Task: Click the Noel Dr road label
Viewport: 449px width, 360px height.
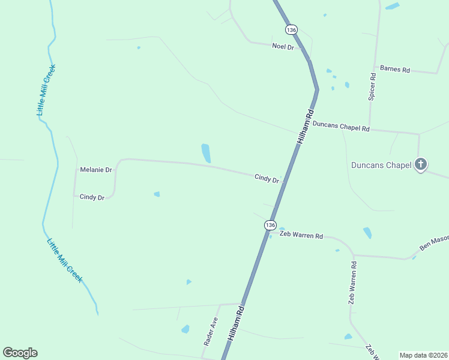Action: [283, 46]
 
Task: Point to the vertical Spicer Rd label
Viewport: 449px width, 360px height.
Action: [372, 86]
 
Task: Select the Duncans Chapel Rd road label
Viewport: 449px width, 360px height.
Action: [340, 126]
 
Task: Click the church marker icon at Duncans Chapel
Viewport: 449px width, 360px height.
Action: [421, 164]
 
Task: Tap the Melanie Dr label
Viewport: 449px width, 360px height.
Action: [96, 170]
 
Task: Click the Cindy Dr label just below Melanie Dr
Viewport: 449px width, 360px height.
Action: [92, 197]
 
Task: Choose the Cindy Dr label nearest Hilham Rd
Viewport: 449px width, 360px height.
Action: [267, 178]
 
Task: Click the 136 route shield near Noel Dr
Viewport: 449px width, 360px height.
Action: [291, 29]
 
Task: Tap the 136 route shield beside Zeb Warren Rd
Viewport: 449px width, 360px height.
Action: [270, 224]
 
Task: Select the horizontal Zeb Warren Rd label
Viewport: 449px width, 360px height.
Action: [301, 236]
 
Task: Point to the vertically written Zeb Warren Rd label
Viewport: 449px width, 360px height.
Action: [353, 282]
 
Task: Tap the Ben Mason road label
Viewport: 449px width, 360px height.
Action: [433, 242]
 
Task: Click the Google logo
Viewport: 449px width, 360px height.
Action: [20, 353]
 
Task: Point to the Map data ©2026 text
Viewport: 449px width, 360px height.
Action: [424, 355]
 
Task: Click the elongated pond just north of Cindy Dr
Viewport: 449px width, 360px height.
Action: [206, 153]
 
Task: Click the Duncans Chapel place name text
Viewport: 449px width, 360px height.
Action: [381, 165]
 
